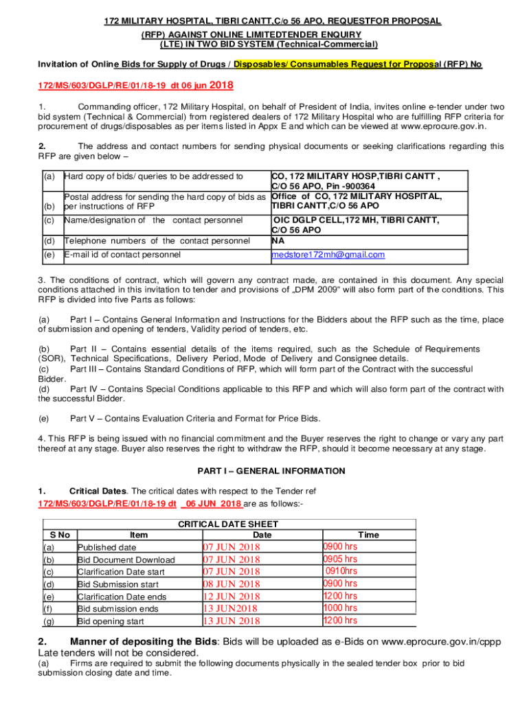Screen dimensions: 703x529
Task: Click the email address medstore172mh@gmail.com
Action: point(328,255)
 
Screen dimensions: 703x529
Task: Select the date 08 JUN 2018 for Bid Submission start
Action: point(232,584)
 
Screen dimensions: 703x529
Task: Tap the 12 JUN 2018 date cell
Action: point(232,597)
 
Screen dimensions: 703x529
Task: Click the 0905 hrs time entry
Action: point(340,560)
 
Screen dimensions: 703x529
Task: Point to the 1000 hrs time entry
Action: point(340,608)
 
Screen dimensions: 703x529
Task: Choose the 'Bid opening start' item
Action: point(111,621)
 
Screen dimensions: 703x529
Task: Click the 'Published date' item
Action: point(106,548)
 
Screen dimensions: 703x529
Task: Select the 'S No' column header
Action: point(60,535)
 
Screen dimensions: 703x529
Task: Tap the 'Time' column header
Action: point(368,535)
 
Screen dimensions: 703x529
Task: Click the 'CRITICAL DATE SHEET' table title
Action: point(227,524)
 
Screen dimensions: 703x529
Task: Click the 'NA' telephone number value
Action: point(278,240)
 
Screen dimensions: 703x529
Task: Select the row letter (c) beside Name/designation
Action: point(49,220)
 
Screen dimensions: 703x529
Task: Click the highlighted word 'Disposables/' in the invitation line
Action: point(262,65)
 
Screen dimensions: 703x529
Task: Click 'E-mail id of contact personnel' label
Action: point(122,255)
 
